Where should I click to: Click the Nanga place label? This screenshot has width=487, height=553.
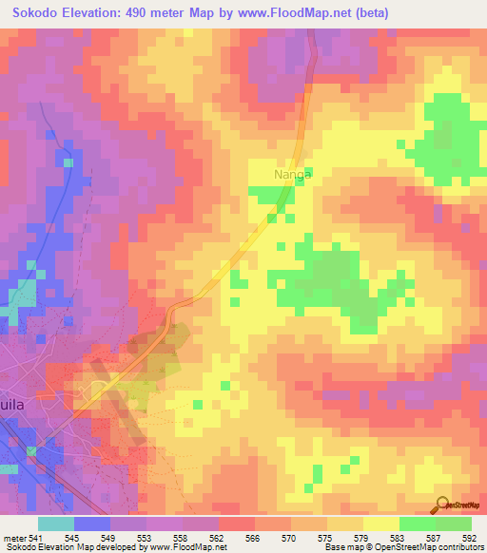(x=293, y=175)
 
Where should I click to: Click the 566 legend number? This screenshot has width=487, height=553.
(x=254, y=538)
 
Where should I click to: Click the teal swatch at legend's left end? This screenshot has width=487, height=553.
(x=55, y=524)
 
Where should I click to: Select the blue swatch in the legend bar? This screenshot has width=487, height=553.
(x=91, y=524)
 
